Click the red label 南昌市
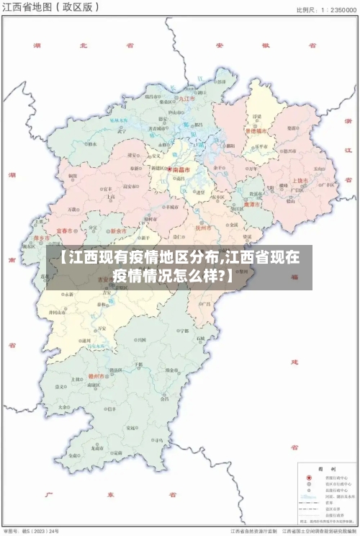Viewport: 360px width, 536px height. (x=181, y=170)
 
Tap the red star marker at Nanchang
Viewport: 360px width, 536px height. (x=170, y=170)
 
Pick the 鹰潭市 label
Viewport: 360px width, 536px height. (x=252, y=204)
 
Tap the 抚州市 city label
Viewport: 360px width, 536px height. (x=204, y=226)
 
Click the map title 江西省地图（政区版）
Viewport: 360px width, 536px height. (x=50, y=8)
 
